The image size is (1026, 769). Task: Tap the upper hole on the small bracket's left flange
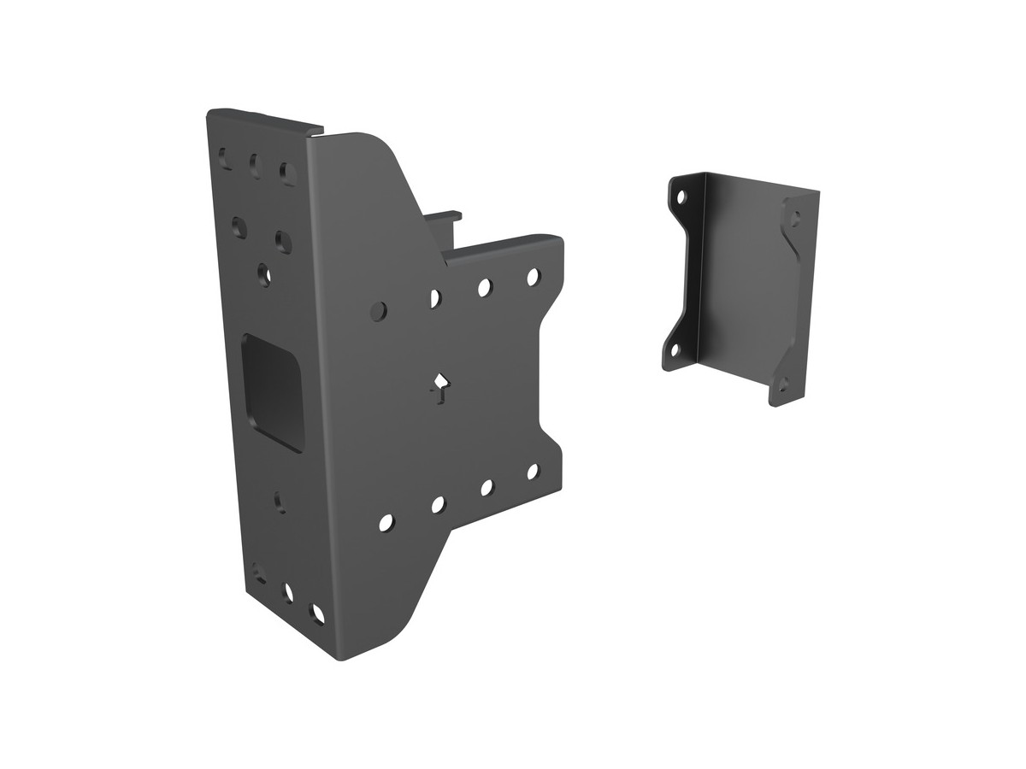click(x=681, y=197)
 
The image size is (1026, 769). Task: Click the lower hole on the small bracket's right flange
click(x=781, y=385)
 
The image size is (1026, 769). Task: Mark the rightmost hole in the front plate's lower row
click(x=532, y=471)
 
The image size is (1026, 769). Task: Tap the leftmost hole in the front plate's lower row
click(x=386, y=520)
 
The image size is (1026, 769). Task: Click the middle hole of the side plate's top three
click(x=254, y=161)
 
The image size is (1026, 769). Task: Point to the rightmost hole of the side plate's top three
click(x=285, y=168)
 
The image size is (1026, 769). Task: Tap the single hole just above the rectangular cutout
click(x=264, y=274)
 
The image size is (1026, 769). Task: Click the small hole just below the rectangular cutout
click(x=280, y=501)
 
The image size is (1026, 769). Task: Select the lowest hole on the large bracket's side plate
click(x=317, y=613)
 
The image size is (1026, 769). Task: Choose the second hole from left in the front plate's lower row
click(x=437, y=504)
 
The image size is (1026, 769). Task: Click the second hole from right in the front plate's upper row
click(x=484, y=288)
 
